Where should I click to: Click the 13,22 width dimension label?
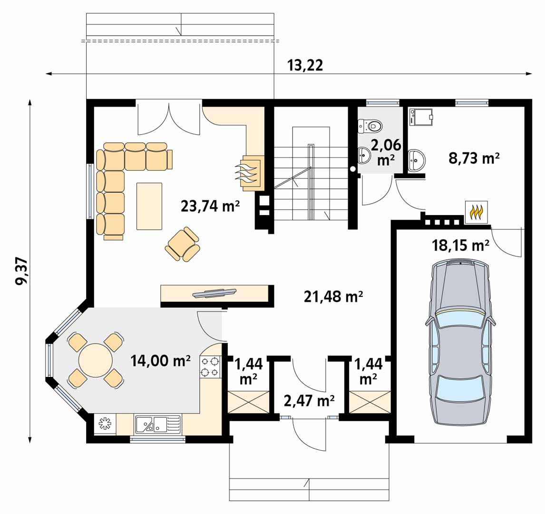[x=305, y=65]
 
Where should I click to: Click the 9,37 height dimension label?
[x=21, y=271]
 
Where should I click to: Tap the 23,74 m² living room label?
[x=210, y=206]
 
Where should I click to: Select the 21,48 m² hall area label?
[x=333, y=297]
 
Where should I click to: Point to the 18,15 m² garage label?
[x=460, y=246]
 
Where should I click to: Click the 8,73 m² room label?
[x=474, y=158]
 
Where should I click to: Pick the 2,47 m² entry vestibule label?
[x=309, y=401]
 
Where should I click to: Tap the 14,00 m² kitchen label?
[x=160, y=361]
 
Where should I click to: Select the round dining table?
[x=96, y=360]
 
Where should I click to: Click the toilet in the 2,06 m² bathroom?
[x=370, y=126]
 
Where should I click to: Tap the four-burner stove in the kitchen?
[x=210, y=367]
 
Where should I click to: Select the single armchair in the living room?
[x=183, y=244]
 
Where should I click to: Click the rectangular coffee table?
[x=149, y=206]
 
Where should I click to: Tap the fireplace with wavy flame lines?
[x=250, y=173]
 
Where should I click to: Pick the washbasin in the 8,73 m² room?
[x=417, y=161]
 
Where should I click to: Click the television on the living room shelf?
[x=214, y=293]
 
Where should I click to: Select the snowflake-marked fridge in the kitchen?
[x=105, y=424]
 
